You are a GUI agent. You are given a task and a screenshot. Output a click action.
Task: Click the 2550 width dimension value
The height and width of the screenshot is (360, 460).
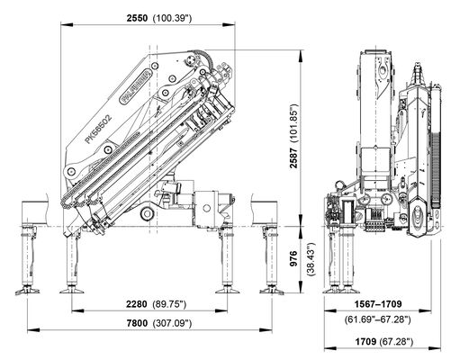pyautogui.click(x=137, y=18)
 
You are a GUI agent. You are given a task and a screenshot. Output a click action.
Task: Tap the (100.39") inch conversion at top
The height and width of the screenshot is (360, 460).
pyautogui.click(x=172, y=18)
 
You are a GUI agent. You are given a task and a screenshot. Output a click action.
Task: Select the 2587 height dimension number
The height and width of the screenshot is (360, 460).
pyautogui.click(x=293, y=157)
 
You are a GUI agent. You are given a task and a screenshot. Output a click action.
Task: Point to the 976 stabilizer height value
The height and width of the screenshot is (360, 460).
pyautogui.click(x=293, y=258)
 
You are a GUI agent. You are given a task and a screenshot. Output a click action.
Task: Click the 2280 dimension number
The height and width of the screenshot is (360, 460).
pyautogui.click(x=137, y=304)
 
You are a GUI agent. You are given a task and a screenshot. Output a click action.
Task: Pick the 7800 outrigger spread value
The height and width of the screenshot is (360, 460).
pyautogui.click(x=137, y=323)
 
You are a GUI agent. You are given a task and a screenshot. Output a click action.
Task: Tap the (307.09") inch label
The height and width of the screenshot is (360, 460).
pyautogui.click(x=172, y=323)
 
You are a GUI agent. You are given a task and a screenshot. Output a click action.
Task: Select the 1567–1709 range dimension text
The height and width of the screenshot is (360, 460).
pyautogui.click(x=378, y=304)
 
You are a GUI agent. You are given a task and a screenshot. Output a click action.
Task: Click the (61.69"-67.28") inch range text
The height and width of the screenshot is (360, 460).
pyautogui.click(x=378, y=319)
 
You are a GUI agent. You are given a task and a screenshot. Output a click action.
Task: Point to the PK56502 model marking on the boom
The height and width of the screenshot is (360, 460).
pyautogui.click(x=98, y=129)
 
